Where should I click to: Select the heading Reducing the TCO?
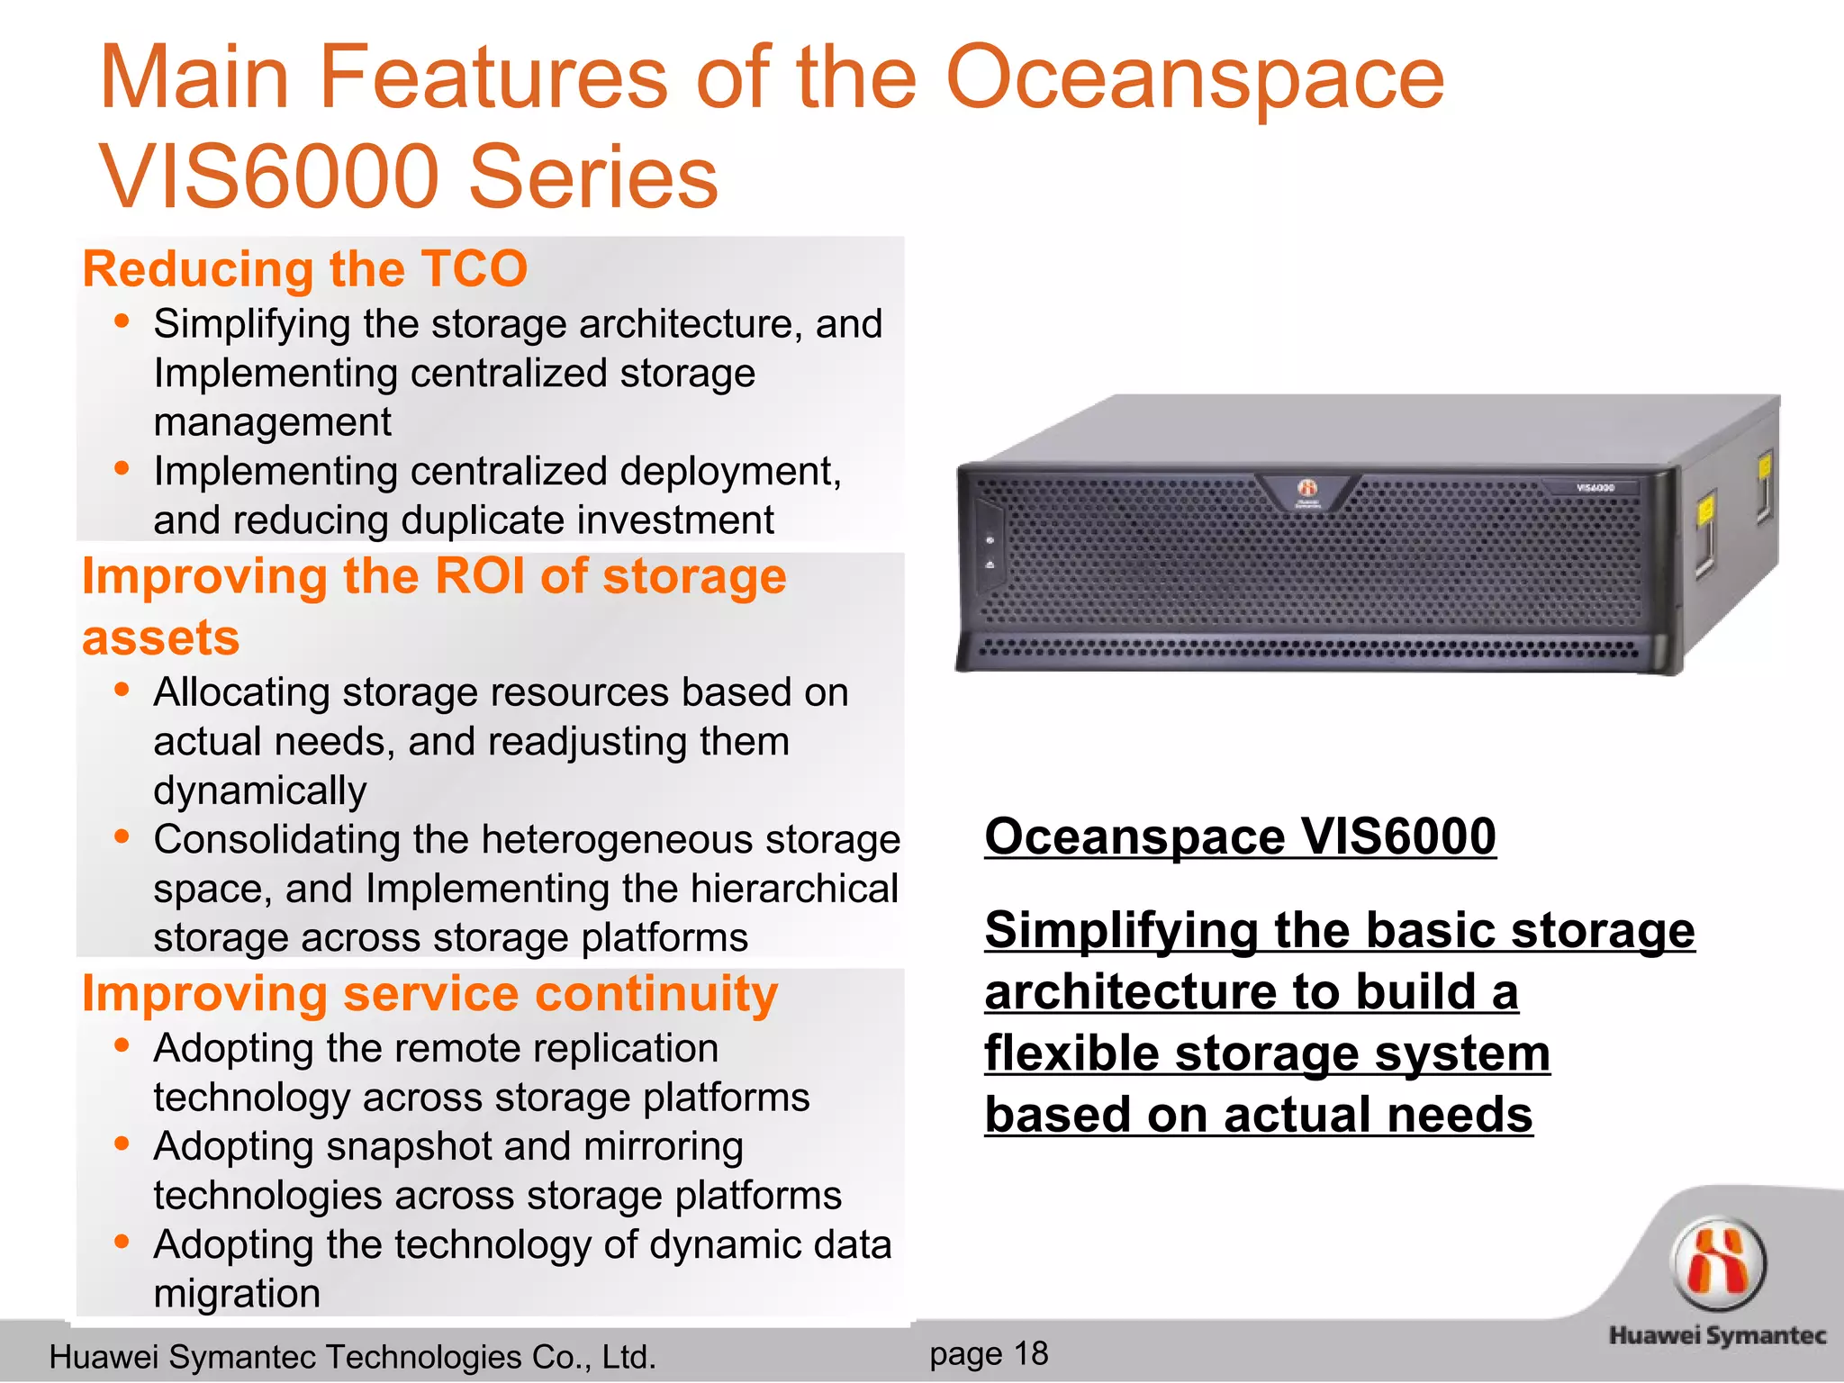[x=304, y=269]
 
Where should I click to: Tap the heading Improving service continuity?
[x=429, y=995]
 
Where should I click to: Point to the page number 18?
[x=1031, y=1353]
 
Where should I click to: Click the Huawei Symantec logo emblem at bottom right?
[x=1718, y=1263]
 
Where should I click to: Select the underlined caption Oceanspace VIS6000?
[x=1240, y=836]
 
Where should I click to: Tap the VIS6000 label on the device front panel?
[x=1595, y=488]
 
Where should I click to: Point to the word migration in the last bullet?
[x=237, y=1294]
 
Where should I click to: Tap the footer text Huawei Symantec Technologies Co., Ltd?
[x=352, y=1357]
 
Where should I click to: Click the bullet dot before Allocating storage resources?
[x=122, y=691]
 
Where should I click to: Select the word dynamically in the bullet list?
[x=259, y=791]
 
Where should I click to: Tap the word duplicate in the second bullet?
[x=490, y=520]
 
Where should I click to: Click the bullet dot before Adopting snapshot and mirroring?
[x=122, y=1144]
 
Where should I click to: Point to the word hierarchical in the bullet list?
[x=795, y=890]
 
